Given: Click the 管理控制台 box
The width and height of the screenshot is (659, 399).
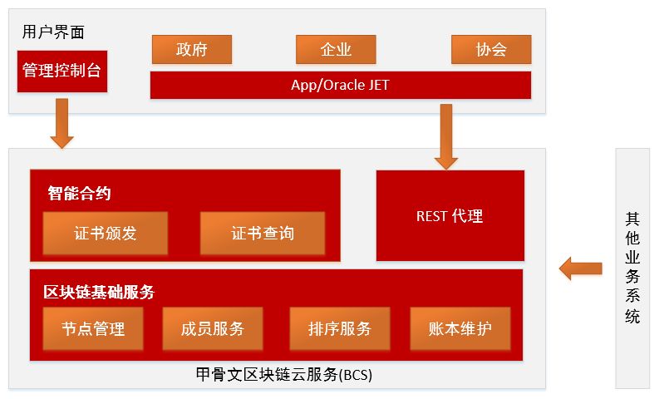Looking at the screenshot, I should (61, 71).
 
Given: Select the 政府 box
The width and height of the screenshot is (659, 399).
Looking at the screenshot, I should (191, 49).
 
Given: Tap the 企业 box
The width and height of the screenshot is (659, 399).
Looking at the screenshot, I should (336, 49).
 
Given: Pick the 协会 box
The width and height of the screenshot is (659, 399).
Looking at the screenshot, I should (490, 49).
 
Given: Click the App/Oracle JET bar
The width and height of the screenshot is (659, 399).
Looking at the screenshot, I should (340, 85).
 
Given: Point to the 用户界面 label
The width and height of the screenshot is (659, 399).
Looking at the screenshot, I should (53, 32).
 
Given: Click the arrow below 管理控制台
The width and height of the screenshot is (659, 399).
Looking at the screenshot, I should (62, 122).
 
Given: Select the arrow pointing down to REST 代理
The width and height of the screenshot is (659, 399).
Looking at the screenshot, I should (446, 135).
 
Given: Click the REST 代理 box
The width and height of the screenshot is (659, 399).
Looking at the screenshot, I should (450, 216).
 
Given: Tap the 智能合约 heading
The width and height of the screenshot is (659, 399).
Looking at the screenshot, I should (80, 194).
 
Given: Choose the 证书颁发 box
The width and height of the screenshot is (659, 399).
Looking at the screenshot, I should (105, 233).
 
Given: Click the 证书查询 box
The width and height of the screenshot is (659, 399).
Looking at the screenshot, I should (262, 233).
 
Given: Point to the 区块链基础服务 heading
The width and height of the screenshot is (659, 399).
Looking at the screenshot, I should (99, 292).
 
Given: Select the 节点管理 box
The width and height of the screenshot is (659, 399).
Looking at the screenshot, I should (93, 328).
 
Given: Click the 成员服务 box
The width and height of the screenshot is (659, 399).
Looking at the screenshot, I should (213, 328).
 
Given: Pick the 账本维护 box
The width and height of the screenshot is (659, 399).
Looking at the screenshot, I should (460, 328).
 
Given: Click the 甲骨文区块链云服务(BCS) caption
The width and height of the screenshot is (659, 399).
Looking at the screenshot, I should (277, 374).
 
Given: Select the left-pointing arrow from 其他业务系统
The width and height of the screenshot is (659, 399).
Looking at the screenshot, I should (580, 268).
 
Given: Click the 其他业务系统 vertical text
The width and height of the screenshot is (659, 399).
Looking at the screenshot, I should (632, 268).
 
